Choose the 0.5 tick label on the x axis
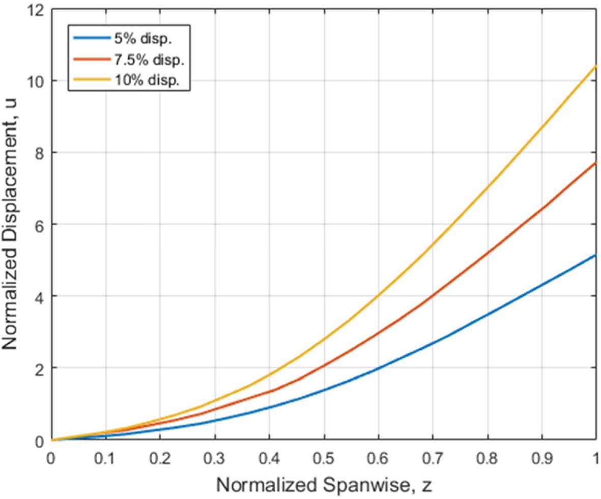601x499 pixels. click(x=324, y=456)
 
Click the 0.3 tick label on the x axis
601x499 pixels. click(x=215, y=456)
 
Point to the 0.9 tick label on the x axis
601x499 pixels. click(x=541, y=456)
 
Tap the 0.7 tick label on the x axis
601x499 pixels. click(x=433, y=456)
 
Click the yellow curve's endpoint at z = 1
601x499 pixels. click(x=596, y=67)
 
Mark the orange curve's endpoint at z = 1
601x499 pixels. click(x=596, y=163)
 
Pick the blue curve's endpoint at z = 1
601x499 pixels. click(x=596, y=255)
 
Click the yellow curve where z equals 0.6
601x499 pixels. click(x=378, y=296)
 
